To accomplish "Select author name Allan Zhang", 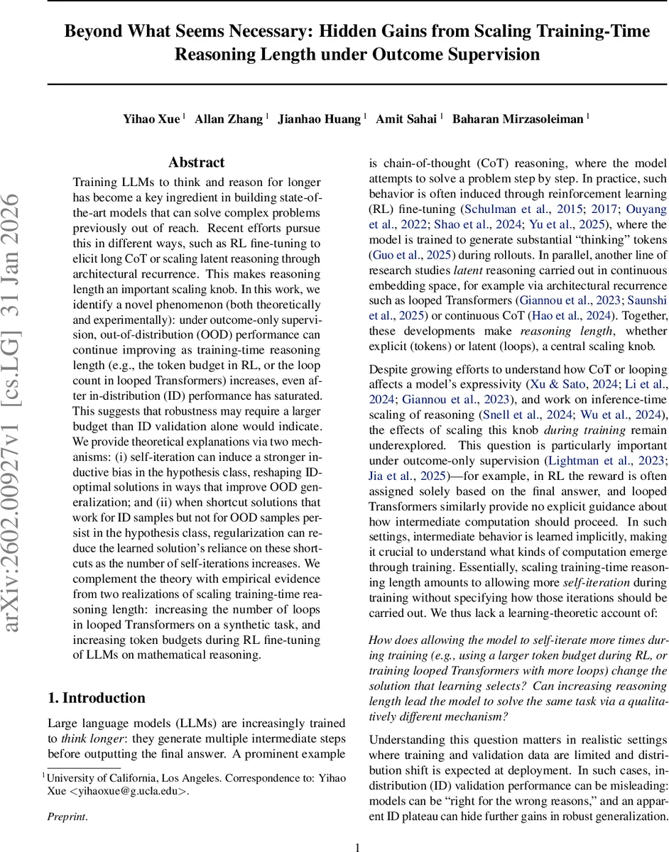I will click(x=229, y=119).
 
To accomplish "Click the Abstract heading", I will click(x=197, y=163).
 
